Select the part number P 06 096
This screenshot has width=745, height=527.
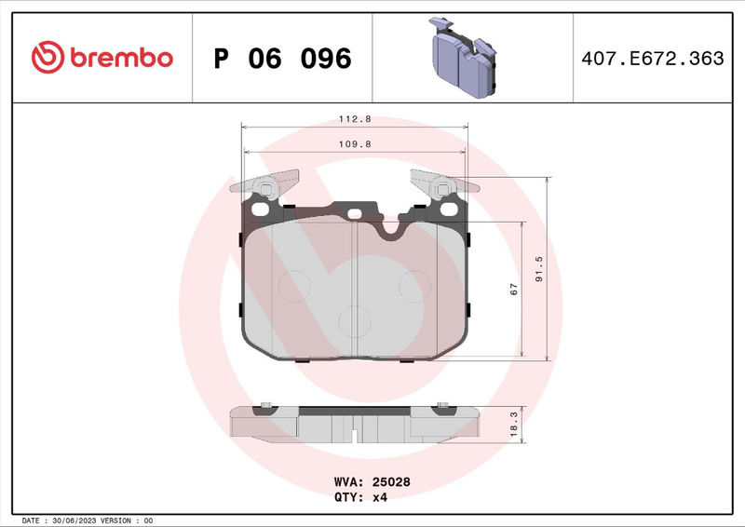pyautogui.click(x=282, y=59)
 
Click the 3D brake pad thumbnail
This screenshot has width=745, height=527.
pyautogui.click(x=462, y=58)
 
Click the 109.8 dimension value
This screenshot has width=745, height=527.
pyautogui.click(x=354, y=143)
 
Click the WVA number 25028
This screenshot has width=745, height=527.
pyautogui.click(x=392, y=482)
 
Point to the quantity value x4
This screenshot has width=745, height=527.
pyautogui.click(x=379, y=497)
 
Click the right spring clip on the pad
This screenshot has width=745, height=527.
pyautogui.click(x=441, y=182)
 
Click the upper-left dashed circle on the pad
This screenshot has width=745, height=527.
pyautogui.click(x=295, y=285)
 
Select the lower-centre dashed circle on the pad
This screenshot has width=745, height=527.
pyautogui.click(x=355, y=322)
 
